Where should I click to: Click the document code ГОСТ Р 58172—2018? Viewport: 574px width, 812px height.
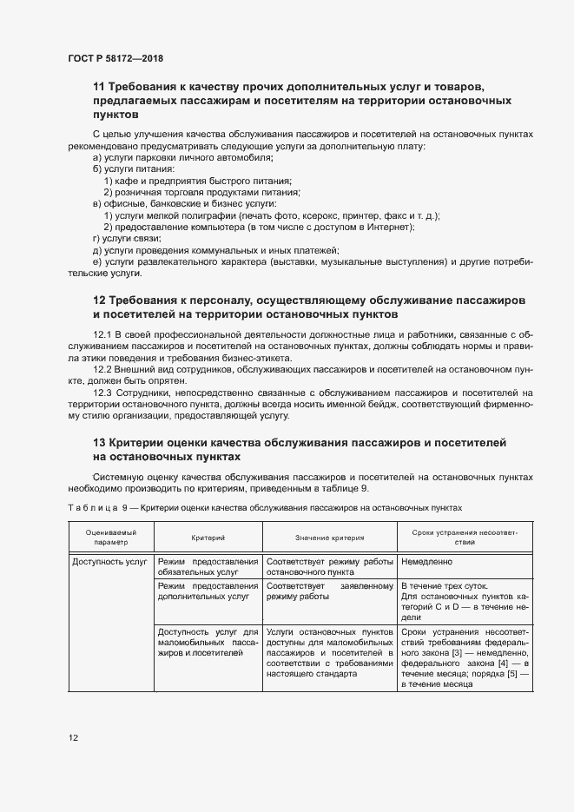click(x=115, y=58)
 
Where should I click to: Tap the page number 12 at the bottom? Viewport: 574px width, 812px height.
click(x=73, y=738)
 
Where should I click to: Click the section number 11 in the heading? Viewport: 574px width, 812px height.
click(x=98, y=87)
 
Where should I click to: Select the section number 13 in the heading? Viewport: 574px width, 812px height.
click(x=98, y=443)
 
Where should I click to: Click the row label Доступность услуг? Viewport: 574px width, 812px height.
click(x=109, y=562)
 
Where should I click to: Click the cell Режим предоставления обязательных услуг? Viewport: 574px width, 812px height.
click(x=208, y=568)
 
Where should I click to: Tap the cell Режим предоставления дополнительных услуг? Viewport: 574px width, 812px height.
click(x=208, y=591)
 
